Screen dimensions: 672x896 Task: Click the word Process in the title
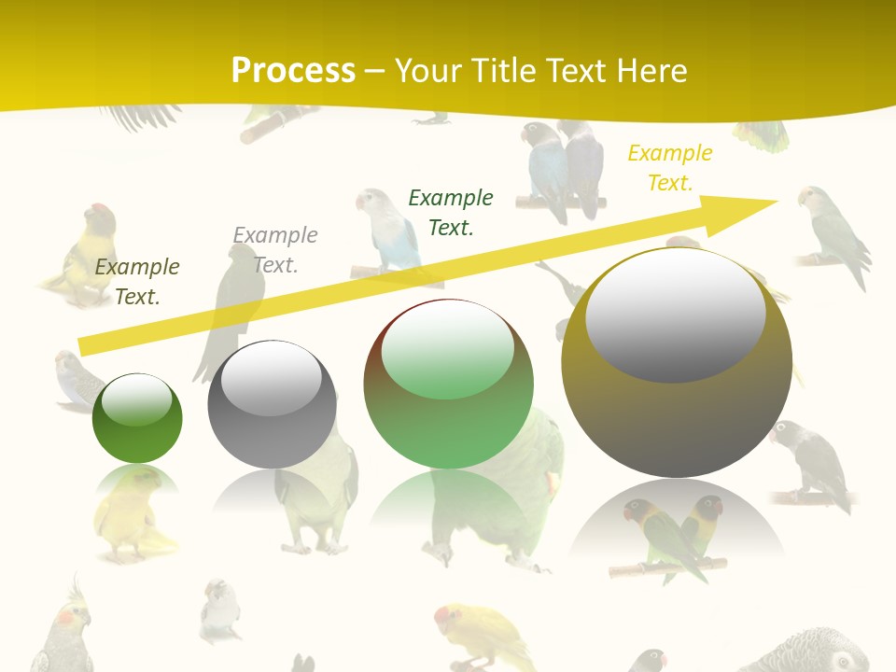click(293, 71)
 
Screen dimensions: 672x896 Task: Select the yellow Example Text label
click(669, 168)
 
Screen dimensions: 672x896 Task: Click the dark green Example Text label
click(451, 212)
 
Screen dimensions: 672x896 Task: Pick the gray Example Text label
click(275, 249)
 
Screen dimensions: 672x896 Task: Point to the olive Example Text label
click(137, 281)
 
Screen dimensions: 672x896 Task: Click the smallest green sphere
click(137, 418)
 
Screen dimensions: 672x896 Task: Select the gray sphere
click(272, 404)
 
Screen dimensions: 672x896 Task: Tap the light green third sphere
click(449, 384)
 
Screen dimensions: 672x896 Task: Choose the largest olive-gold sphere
click(677, 362)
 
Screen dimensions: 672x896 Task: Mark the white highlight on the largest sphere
click(675, 313)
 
